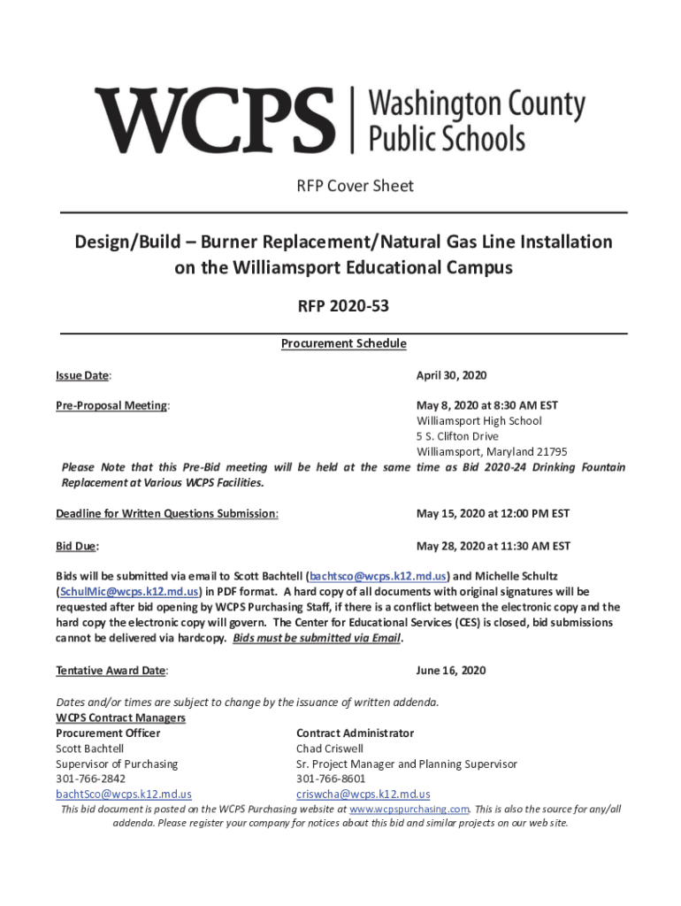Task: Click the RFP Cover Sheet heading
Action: [x=341, y=186]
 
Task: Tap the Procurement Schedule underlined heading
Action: [x=343, y=343]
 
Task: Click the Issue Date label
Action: [x=83, y=375]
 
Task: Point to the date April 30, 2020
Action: [x=451, y=375]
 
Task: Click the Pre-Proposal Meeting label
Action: [x=112, y=405]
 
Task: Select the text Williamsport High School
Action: [x=478, y=421]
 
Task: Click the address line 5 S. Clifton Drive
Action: [x=457, y=436]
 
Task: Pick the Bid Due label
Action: [x=77, y=546]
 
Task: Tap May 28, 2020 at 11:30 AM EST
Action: [x=493, y=546]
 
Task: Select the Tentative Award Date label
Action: [x=111, y=671]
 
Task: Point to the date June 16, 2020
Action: [x=451, y=671]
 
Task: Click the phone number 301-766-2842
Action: [x=90, y=779]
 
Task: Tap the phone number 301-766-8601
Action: [x=331, y=779]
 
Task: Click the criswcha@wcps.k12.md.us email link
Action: [x=363, y=794]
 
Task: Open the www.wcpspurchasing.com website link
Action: [x=409, y=809]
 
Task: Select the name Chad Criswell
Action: [x=330, y=749]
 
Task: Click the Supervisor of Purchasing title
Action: [x=117, y=764]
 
